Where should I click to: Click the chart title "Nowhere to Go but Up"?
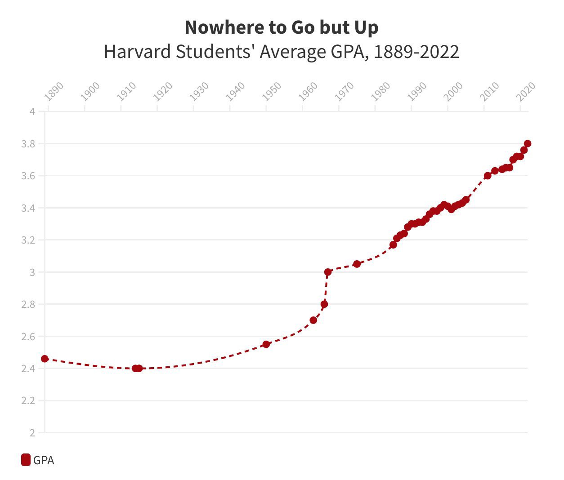[x=282, y=27]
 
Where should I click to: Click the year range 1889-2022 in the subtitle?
[x=416, y=52]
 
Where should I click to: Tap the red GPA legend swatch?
[x=26, y=460]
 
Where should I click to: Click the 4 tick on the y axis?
[x=32, y=111]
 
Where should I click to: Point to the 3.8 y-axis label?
[x=28, y=144]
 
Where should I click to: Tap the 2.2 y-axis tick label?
[x=28, y=400]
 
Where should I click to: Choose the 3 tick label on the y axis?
[x=32, y=272]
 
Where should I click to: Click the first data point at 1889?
[x=45, y=359]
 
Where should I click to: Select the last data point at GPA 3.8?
[x=528, y=143]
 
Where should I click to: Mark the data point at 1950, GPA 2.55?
[x=266, y=344]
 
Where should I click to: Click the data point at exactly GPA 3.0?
[x=328, y=272]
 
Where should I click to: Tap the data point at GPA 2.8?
[x=324, y=304]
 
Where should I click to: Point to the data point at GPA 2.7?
[x=313, y=320]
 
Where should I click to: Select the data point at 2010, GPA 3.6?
[x=488, y=176]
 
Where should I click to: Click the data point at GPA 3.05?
[x=357, y=264]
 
